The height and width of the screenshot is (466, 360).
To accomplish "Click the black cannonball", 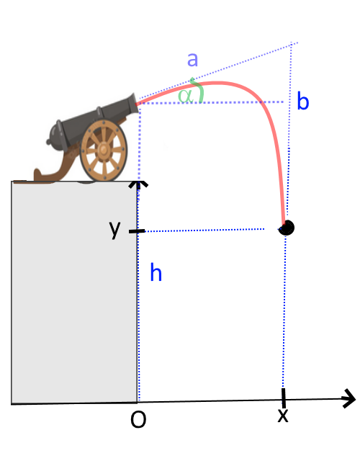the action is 287,228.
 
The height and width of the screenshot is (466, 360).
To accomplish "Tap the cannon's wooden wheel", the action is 104,150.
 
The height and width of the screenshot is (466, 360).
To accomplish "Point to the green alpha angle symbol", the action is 185,96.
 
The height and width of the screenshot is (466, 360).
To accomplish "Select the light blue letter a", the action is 192,59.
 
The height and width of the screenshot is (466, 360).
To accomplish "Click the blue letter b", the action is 303,101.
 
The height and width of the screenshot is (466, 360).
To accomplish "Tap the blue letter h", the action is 156,272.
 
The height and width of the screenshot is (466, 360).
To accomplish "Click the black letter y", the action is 114,230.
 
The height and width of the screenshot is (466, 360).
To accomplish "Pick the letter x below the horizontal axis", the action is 283,415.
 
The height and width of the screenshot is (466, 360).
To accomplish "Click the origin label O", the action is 138,419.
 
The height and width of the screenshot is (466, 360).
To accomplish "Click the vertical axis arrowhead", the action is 138,184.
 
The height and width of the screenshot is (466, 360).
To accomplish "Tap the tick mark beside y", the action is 137,231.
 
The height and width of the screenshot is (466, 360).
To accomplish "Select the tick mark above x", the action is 284,398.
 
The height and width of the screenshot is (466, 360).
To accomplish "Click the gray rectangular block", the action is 74,292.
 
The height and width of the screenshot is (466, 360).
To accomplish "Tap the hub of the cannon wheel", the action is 104,150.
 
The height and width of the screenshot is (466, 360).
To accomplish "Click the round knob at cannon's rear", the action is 48,142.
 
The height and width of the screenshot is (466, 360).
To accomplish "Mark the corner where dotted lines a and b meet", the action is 292,45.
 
